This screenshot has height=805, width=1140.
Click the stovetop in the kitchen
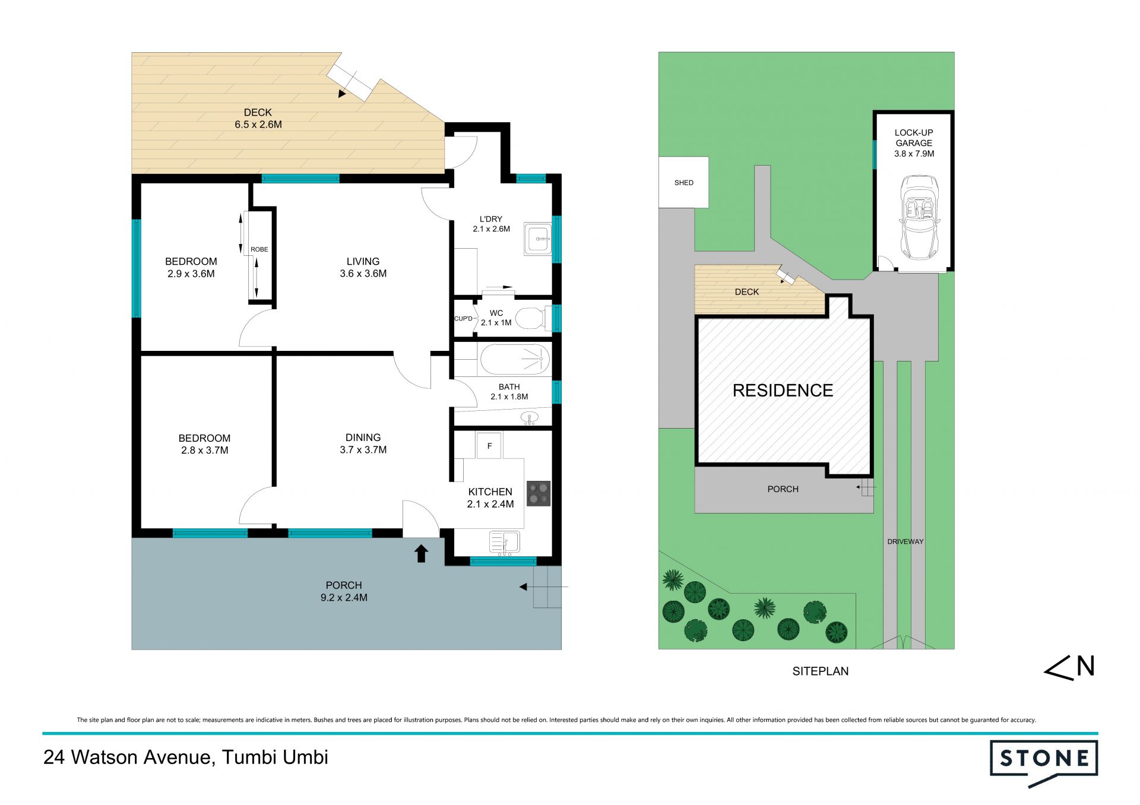tap(539, 493)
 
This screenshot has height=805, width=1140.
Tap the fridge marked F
tap(489, 446)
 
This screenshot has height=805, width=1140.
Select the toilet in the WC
tap(530, 318)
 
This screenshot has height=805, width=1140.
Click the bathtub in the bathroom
tap(515, 359)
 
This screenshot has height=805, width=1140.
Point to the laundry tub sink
tap(538, 239)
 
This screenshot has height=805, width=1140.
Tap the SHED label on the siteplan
tap(684, 183)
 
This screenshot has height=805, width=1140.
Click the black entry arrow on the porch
tap(421, 553)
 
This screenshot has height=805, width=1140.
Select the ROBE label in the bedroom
tap(259, 249)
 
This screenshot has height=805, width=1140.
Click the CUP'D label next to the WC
tap(463, 319)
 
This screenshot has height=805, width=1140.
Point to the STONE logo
tap(1044, 763)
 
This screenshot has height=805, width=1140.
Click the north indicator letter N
tap(1086, 666)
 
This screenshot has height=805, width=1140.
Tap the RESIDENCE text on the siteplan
tap(783, 391)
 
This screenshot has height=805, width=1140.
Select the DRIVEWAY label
tap(905, 541)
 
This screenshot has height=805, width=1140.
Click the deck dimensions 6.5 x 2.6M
tap(258, 125)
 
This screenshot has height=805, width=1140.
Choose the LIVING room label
tap(363, 261)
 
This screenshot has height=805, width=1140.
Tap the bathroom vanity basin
tap(529, 419)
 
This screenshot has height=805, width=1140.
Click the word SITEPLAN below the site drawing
tap(821, 671)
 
